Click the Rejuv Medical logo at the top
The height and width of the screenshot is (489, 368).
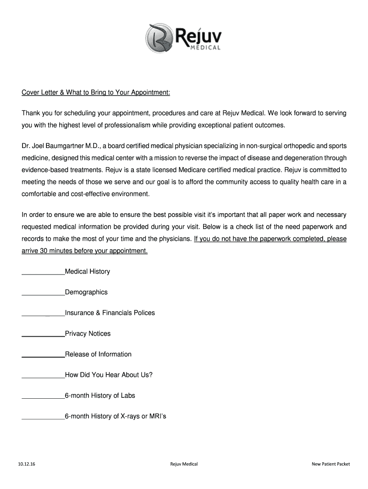coord(184,38)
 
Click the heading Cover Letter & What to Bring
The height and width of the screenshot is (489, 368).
coord(96,92)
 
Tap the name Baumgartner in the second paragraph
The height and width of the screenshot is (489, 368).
coord(66,145)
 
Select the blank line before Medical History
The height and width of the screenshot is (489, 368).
coord(43,273)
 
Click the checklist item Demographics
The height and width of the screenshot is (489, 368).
coord(87,292)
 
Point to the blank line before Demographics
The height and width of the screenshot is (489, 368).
coord(43,294)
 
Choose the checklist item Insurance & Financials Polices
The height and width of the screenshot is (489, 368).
coord(110,313)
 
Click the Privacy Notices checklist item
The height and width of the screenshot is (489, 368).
coord(87,333)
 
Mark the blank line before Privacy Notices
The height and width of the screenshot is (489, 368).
coord(43,335)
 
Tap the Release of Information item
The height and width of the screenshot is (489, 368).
coord(98,354)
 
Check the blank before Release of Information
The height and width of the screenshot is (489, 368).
coord(43,356)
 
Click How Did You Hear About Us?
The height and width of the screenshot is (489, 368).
coord(108,375)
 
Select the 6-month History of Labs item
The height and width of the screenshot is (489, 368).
coord(100,395)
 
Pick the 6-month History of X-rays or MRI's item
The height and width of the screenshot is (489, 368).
coord(115,416)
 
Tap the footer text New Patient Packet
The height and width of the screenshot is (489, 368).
coord(331,464)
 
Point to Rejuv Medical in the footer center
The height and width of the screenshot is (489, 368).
coord(184,464)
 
